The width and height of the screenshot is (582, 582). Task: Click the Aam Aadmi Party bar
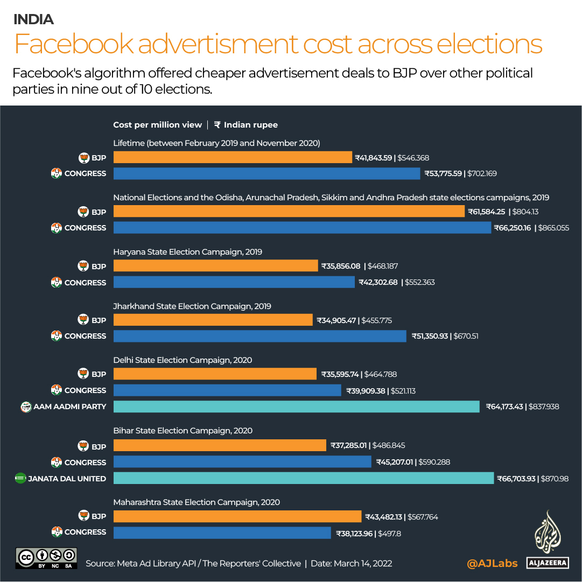[296, 406]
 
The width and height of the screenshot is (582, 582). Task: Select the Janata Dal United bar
[303, 478]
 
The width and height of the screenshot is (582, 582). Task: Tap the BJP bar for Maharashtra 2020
[237, 516]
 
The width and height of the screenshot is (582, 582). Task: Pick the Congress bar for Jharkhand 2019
[260, 336]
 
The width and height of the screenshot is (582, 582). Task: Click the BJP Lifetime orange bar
[233, 158]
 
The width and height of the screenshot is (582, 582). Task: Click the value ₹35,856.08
[341, 266]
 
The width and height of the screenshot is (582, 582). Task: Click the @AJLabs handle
[492, 564]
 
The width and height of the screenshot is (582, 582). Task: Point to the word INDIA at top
[33, 20]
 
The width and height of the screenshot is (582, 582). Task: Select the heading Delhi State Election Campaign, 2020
[183, 360]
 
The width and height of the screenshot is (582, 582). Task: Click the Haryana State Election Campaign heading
[187, 251]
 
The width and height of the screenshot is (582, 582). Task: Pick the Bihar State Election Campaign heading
[183, 431]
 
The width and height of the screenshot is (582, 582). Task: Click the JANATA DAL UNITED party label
[67, 479]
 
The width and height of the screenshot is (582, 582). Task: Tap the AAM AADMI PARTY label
[69, 406]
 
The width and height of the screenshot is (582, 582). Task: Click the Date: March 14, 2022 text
[351, 564]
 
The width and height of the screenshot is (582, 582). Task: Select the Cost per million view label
[157, 125]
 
